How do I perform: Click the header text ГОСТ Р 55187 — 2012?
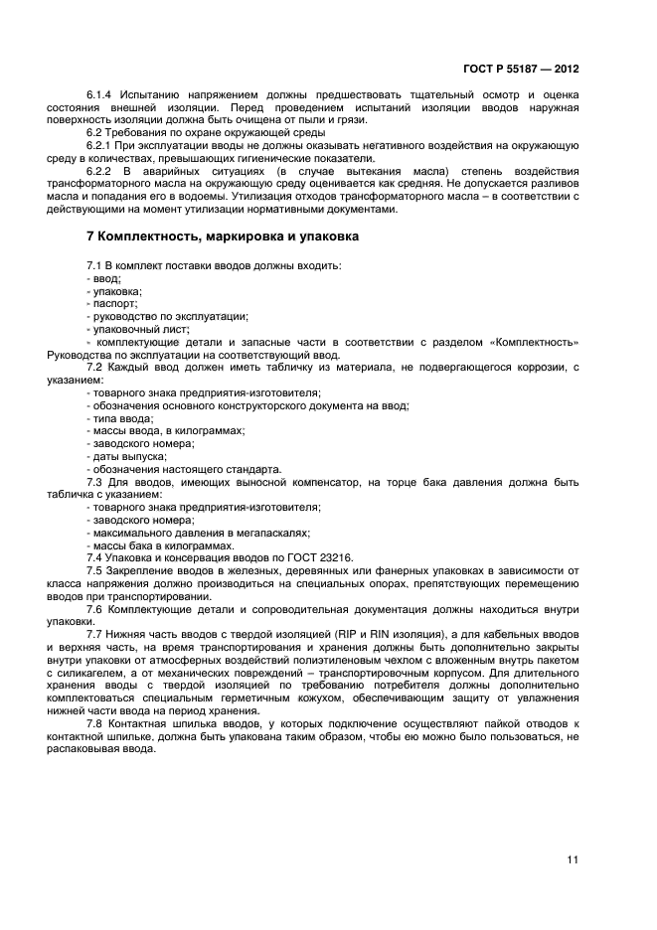point(521,70)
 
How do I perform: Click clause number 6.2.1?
point(99,145)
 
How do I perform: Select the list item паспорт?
point(114,303)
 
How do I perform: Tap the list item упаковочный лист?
point(139,329)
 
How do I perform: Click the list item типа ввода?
point(121,418)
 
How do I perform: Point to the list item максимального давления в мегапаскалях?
point(202,532)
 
